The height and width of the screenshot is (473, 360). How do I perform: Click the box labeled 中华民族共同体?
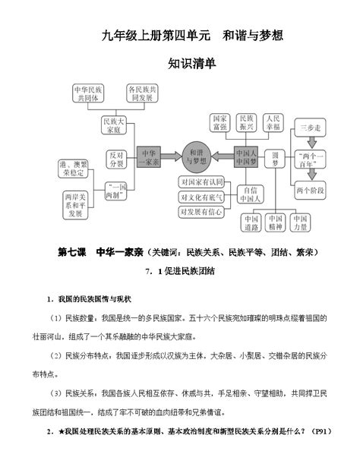point(89,93)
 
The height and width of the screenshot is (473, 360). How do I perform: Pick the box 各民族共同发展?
point(143,93)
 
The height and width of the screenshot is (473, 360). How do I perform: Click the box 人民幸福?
point(273,123)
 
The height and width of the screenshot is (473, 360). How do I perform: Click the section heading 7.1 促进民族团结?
point(180,271)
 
